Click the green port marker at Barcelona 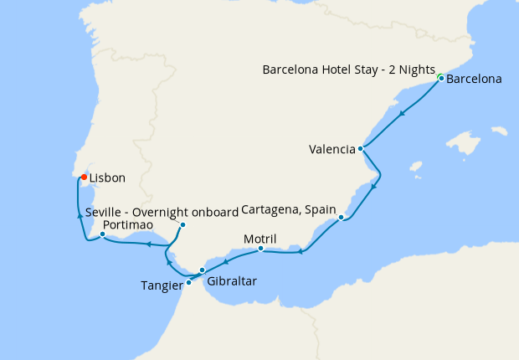pyautogui.click(x=440, y=79)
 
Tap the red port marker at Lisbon pyautogui.click(x=84, y=177)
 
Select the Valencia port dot pyautogui.click(x=360, y=149)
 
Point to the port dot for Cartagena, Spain pyautogui.click(x=342, y=218)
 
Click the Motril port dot pyautogui.click(x=261, y=248)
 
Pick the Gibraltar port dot pyautogui.click(x=203, y=270)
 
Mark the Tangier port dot pyautogui.click(x=188, y=282)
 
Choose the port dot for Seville pyautogui.click(x=182, y=224)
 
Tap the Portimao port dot pyautogui.click(x=102, y=234)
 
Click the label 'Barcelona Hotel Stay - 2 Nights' pyautogui.click(x=349, y=69)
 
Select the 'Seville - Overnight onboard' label pyautogui.click(x=162, y=213)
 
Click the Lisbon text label pyautogui.click(x=108, y=177)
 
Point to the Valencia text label pyautogui.click(x=332, y=151)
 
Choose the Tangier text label pyautogui.click(x=162, y=286)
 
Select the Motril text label pyautogui.click(x=259, y=238)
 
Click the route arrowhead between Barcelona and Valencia pyautogui.click(x=403, y=113)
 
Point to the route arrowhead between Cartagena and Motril pyautogui.click(x=301, y=251)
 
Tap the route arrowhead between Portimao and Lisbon pyautogui.click(x=80, y=215)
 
